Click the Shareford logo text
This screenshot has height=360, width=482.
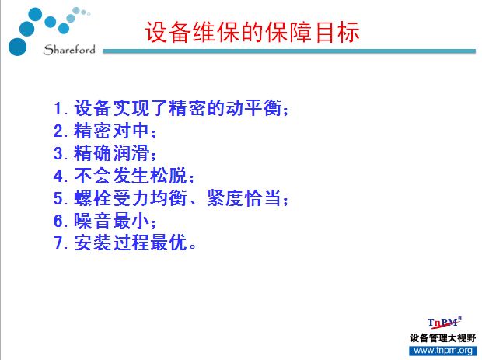(x=69, y=50)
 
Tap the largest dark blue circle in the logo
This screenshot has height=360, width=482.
(x=18, y=47)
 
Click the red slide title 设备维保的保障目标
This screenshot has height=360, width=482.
(x=253, y=33)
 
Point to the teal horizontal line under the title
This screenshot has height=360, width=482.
(x=289, y=51)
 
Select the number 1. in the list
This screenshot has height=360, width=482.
(x=61, y=109)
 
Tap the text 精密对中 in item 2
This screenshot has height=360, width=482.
(x=111, y=131)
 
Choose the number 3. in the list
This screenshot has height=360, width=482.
(x=61, y=153)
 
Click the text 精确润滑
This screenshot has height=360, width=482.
(x=111, y=153)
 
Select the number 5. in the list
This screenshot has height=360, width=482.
(x=61, y=198)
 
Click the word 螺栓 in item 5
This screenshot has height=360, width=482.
(x=93, y=198)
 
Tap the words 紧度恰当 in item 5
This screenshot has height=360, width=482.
(x=244, y=198)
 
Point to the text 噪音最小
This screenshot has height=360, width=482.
(x=111, y=220)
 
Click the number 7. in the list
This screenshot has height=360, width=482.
(x=61, y=243)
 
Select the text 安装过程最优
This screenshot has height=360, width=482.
(x=131, y=243)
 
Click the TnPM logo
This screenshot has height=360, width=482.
(x=444, y=323)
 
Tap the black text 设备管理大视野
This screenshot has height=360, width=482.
(x=442, y=338)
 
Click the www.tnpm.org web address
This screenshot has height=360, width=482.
(x=443, y=351)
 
